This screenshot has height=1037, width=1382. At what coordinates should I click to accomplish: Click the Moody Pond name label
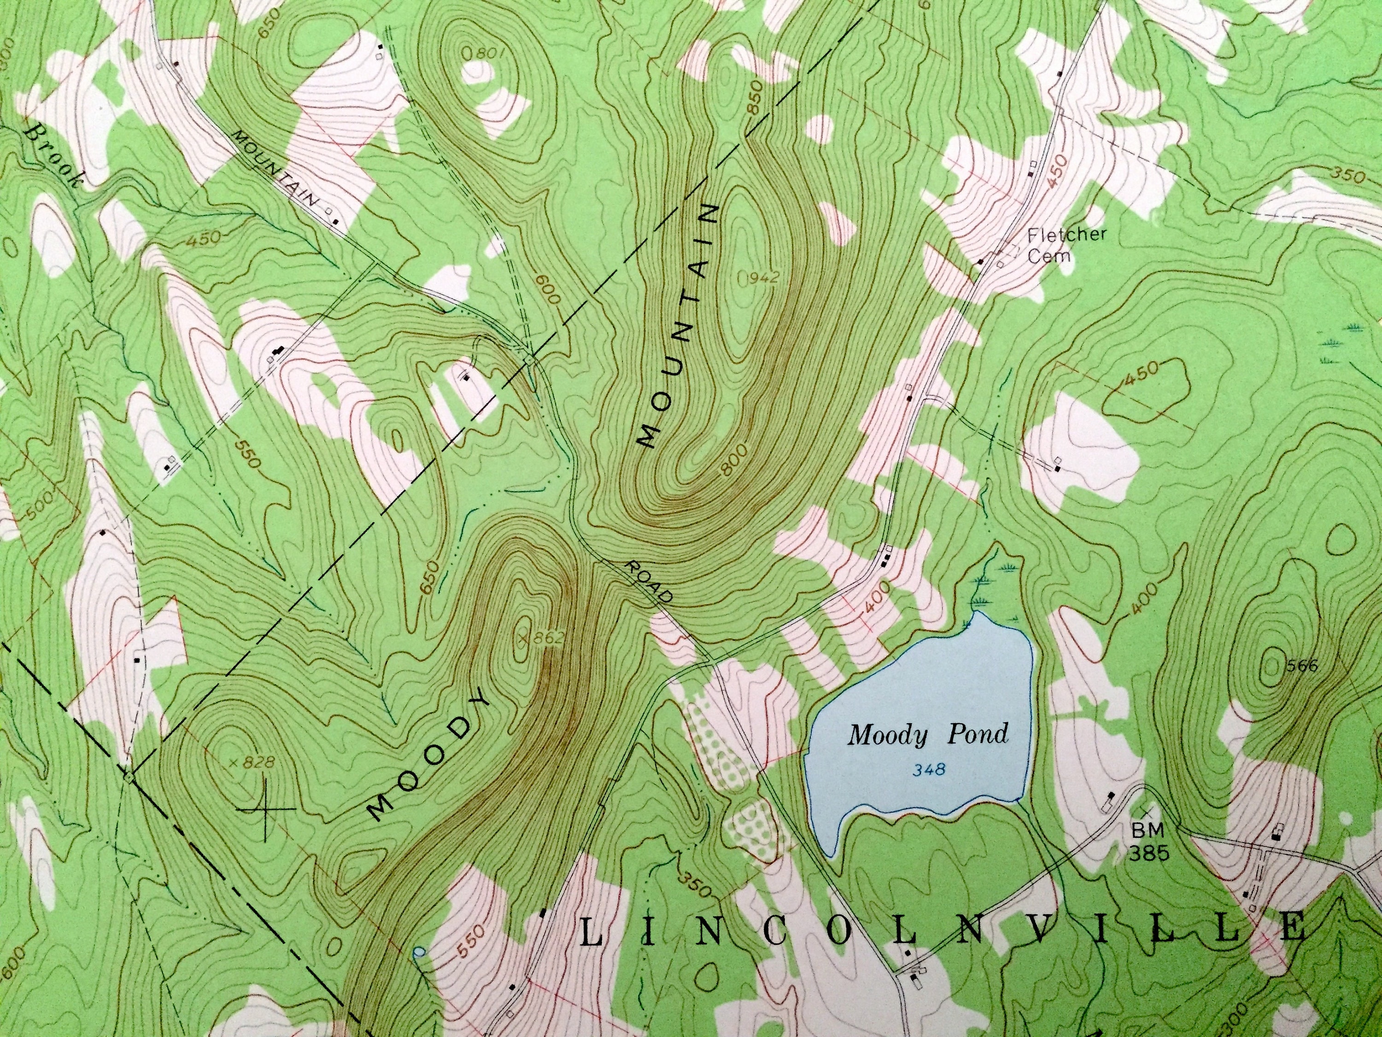coord(927,735)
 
